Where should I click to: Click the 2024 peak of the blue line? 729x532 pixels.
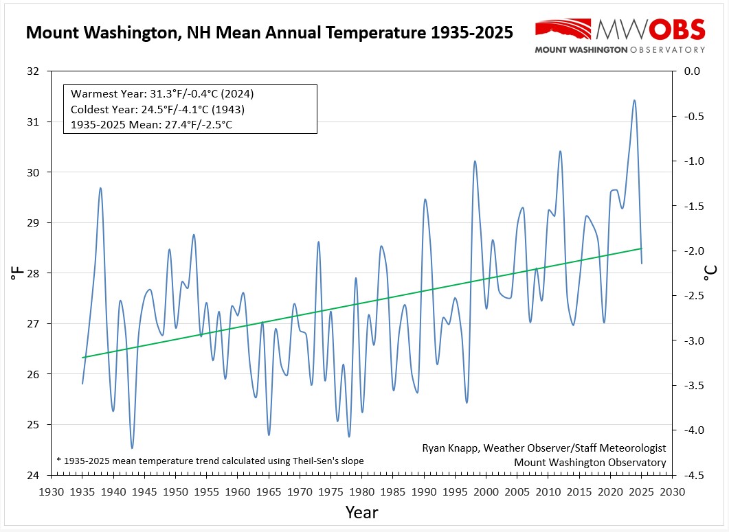pos(634,100)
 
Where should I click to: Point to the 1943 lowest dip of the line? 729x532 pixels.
pos(132,448)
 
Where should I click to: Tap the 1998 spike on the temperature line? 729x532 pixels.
pos(474,161)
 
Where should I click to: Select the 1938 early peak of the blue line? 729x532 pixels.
pos(101,188)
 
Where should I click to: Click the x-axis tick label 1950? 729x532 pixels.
pos(175,491)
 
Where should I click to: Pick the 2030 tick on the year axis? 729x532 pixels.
pos(671,491)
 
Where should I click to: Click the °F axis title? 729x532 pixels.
pos(16,274)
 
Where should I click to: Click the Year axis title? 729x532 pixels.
pos(361,512)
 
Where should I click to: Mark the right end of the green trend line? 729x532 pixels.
pos(641,248)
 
